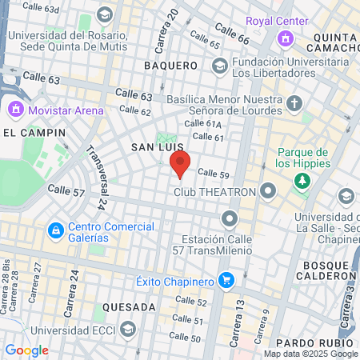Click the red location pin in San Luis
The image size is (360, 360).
coord(180,166)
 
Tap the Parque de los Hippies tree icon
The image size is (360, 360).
coord(302,181)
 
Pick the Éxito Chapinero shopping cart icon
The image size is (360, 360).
coord(227,281)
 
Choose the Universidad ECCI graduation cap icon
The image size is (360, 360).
coord(127,330)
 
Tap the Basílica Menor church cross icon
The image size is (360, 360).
coord(294,103)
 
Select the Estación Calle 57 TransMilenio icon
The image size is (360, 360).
coord(230,218)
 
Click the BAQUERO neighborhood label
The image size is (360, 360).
coord(170,65)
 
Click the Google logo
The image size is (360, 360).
coord(26,350)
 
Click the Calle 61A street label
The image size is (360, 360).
coord(203,123)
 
